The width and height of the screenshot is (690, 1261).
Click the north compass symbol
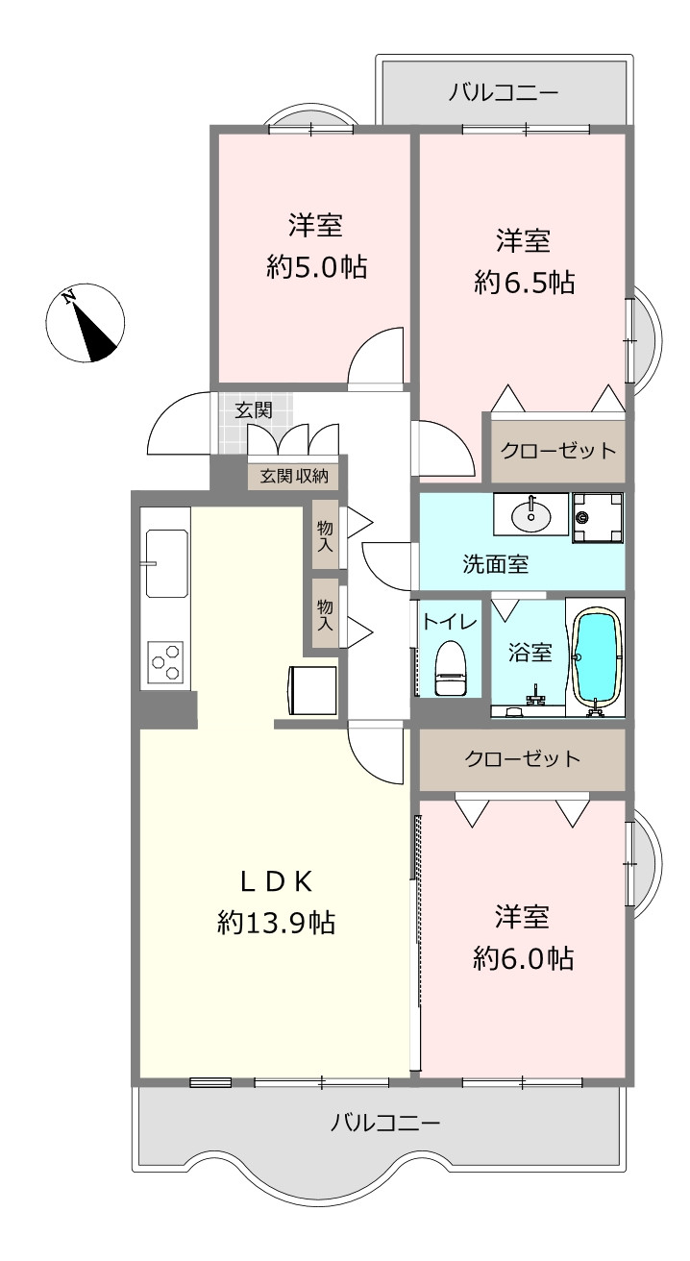pos(85,322)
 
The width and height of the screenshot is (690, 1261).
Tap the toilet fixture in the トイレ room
pos(451,668)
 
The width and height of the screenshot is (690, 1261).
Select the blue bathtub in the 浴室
pos(596,657)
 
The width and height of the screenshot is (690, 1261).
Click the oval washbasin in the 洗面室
pos(530,513)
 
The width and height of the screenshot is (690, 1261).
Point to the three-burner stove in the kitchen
pos(165,662)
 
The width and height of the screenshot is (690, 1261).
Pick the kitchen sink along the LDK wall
pos(166,563)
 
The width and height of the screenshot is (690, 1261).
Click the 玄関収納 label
pos(294,477)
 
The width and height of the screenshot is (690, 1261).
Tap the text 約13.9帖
pos(277,924)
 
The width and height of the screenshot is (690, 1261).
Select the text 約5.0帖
pos(316,267)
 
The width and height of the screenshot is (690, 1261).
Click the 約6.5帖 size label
pos(524,282)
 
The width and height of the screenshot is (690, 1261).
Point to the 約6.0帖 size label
pos(524,957)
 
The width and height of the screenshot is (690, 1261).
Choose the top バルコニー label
pos(504,91)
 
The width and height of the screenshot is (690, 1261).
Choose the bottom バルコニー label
pos(385,1124)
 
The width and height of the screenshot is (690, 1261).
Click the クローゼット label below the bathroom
pos(522,759)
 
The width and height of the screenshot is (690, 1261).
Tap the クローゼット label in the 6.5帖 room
pos(558,451)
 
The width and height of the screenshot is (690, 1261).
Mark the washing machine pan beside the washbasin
pos(598,518)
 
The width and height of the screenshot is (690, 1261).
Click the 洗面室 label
pos(496,563)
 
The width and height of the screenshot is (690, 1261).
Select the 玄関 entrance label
pos(254,409)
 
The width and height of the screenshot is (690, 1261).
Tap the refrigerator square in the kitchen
pos(312,691)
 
